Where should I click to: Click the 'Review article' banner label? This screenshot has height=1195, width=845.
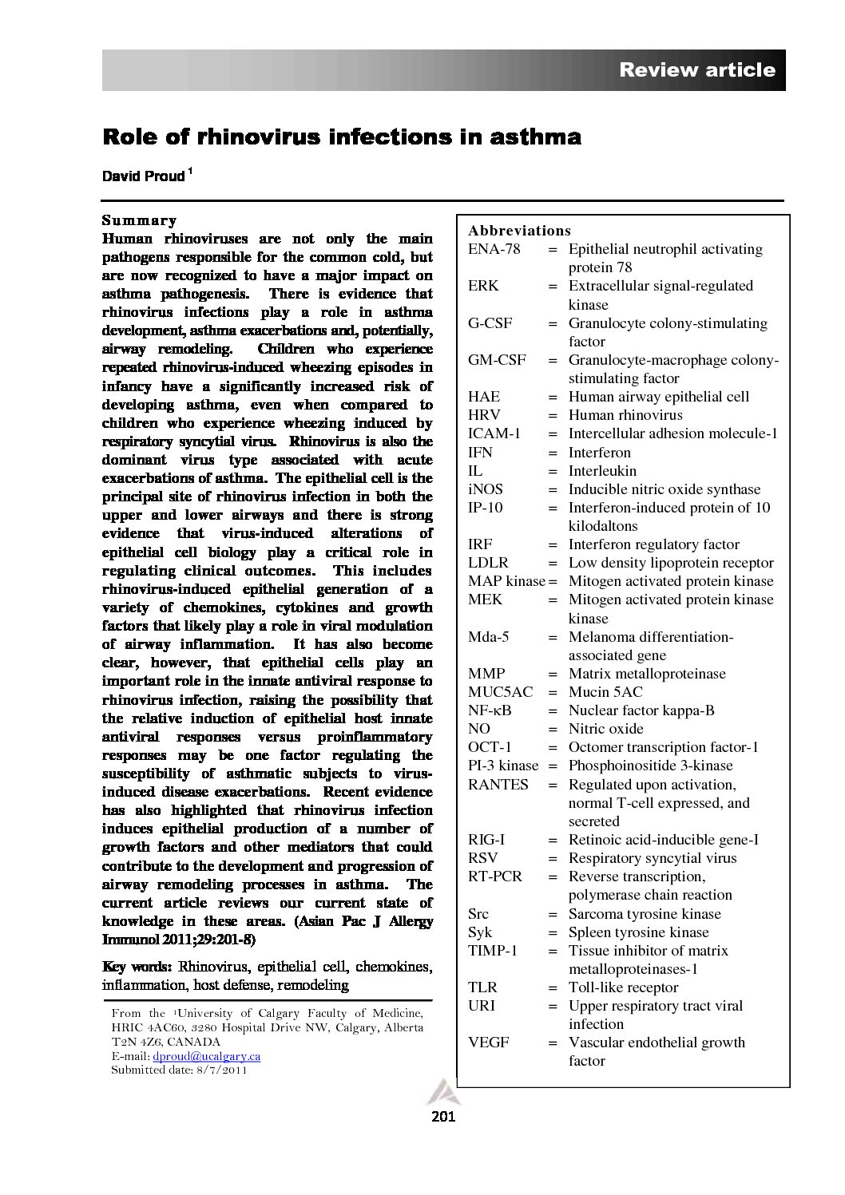coord(696,70)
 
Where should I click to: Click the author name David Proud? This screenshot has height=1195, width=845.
coord(144,176)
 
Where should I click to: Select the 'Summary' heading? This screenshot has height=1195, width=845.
coord(139,220)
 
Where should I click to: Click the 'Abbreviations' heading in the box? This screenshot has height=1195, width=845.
coord(519,231)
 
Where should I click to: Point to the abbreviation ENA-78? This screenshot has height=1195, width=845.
coord(494,249)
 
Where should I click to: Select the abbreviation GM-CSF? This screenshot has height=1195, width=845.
coord(497,360)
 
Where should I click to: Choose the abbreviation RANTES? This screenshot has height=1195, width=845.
coord(498,785)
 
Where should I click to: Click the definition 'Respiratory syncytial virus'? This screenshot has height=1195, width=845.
coord(653,858)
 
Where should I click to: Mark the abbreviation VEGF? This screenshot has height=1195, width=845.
coord(488,1043)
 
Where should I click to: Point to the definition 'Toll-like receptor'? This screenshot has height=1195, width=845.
coord(623,987)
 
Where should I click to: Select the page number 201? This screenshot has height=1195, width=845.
coord(442,1117)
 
